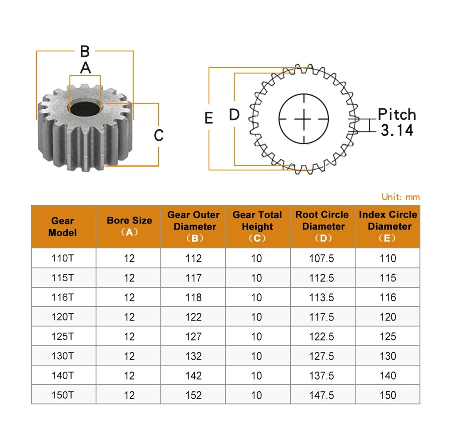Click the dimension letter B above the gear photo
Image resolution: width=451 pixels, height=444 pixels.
click(85, 51)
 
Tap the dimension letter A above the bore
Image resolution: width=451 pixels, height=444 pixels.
click(85, 68)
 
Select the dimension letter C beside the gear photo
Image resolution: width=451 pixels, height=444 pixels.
click(159, 135)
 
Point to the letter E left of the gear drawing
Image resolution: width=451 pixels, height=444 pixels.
click(209, 118)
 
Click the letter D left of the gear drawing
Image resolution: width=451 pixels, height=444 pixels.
click(234, 115)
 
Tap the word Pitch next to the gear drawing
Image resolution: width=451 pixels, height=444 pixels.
click(397, 115)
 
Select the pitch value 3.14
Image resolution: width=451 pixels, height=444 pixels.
click(397, 130)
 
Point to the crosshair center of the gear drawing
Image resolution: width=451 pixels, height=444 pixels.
click(304, 119)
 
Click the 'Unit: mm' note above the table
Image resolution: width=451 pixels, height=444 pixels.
click(401, 197)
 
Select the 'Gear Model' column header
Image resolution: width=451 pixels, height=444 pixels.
click(63, 227)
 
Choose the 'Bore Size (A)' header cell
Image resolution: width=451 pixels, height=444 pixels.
click(129, 227)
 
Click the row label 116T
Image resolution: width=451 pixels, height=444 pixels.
click(63, 297)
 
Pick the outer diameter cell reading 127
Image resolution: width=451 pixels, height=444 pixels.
click(193, 336)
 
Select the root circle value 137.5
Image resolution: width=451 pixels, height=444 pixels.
click(322, 375)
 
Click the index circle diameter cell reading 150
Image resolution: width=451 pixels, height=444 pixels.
click(388, 395)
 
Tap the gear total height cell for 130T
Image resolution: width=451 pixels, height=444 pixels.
click(257, 356)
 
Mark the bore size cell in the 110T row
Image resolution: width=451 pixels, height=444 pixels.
click(129, 258)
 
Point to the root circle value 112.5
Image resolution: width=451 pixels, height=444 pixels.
click(322, 278)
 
